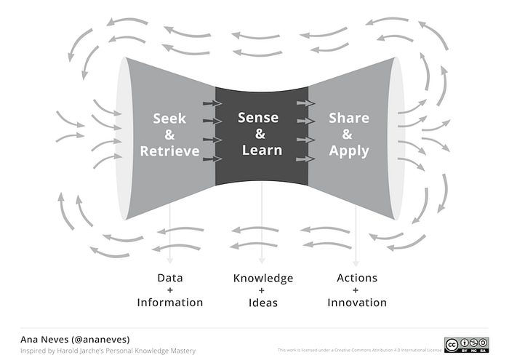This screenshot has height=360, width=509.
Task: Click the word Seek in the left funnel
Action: [x=169, y=118]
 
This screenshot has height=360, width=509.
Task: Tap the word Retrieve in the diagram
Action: [x=169, y=151]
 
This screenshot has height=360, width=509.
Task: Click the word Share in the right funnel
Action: [x=348, y=118]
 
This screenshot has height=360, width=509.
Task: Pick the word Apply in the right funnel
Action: [x=348, y=151]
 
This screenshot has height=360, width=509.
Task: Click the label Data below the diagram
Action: [x=169, y=278]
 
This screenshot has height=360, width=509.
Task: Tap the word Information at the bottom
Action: [x=169, y=302]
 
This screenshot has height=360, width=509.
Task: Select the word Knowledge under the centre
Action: [x=262, y=278]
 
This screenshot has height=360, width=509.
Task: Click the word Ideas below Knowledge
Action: [x=262, y=302]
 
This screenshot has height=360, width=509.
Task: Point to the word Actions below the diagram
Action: [x=356, y=278]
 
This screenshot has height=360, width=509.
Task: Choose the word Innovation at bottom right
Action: [x=356, y=302]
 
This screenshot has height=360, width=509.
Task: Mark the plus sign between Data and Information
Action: [x=169, y=290]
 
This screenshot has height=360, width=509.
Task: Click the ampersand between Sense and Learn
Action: [x=260, y=135]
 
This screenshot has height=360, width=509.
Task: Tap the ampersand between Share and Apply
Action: [x=348, y=135]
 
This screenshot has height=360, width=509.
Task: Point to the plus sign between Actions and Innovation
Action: [x=356, y=290]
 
